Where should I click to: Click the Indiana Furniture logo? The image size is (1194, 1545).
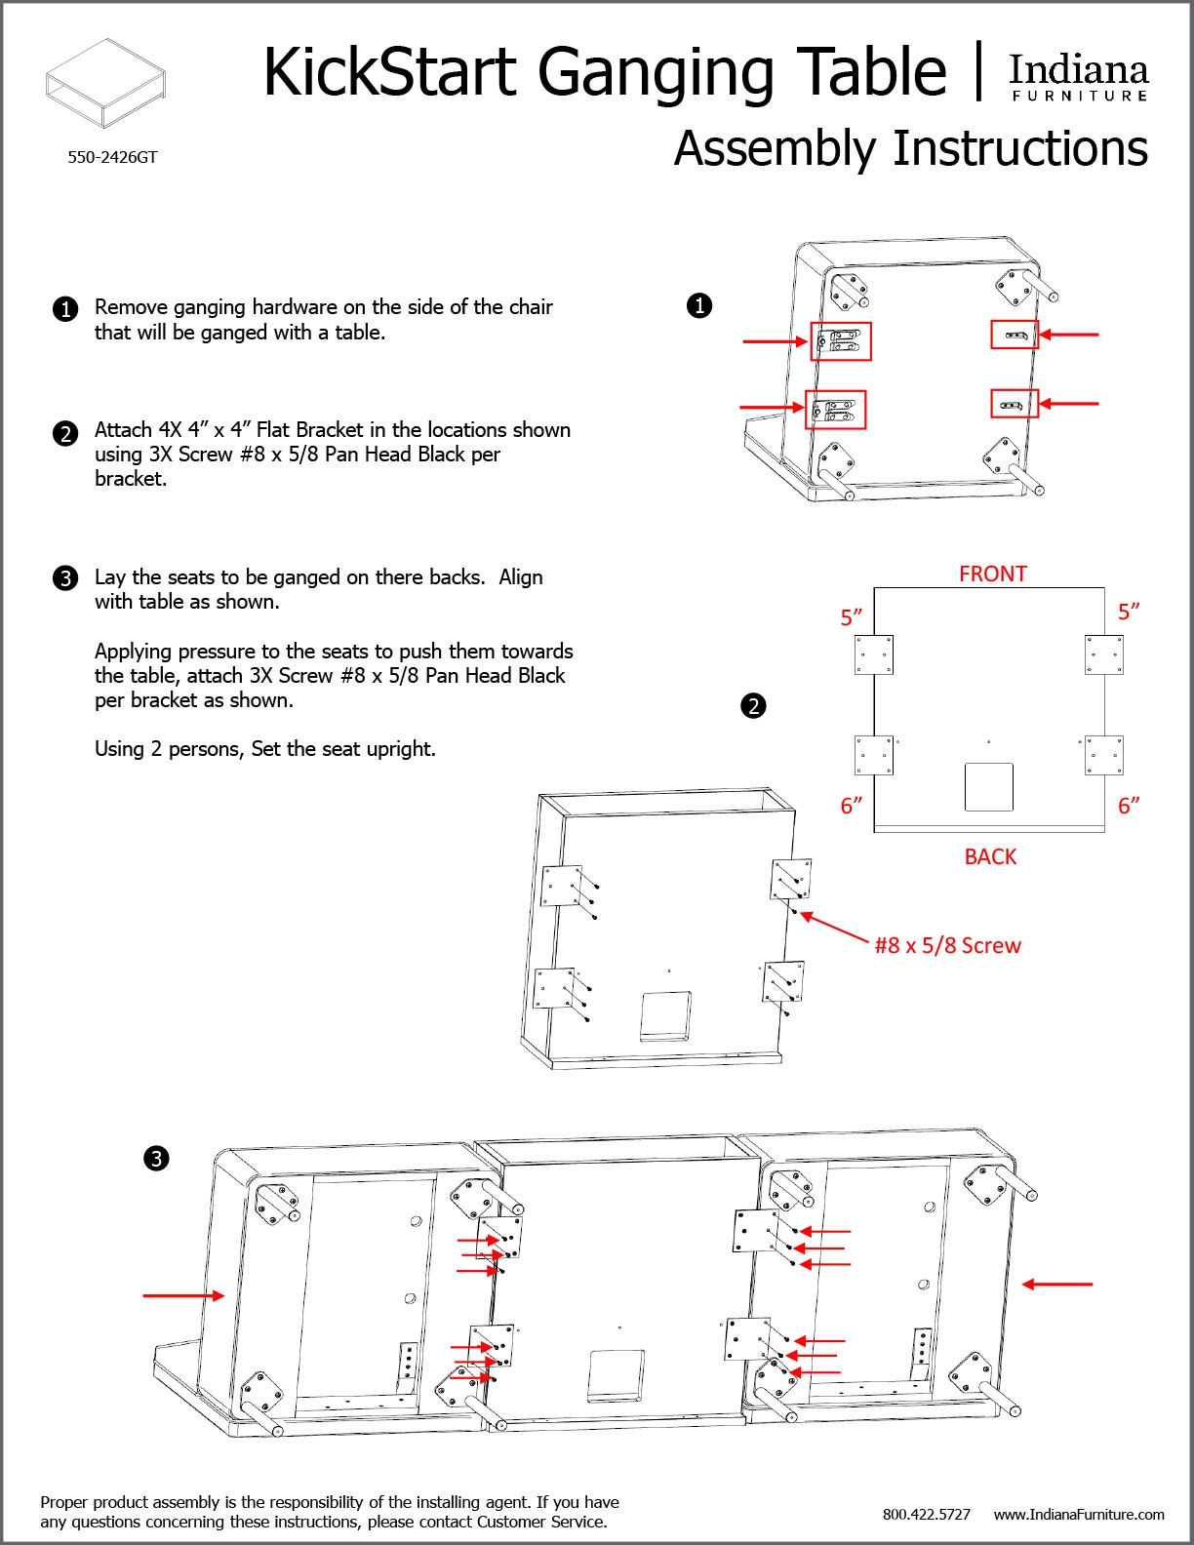1078,76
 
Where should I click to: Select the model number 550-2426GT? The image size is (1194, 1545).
112,157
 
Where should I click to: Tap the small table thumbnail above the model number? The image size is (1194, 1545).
105,83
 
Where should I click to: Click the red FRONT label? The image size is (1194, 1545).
992,574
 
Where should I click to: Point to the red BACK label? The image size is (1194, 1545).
990,856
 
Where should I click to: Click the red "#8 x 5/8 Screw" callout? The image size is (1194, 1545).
947,945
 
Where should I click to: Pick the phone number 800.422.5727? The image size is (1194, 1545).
926,1514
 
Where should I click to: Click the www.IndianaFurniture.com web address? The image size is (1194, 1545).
1079,1514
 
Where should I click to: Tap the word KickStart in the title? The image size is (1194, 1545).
389,72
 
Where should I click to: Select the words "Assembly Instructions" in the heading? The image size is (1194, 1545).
910,149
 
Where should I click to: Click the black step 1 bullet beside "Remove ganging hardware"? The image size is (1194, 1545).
65,309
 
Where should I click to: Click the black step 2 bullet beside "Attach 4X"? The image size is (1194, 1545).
65,433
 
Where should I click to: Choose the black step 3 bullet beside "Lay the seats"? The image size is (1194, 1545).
65,578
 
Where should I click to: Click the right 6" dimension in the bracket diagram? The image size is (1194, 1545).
1129,806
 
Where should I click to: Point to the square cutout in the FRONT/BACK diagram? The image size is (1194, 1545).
988,786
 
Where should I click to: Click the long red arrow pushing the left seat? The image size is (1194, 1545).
183,1295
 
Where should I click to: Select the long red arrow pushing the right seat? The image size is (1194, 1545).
1057,1284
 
